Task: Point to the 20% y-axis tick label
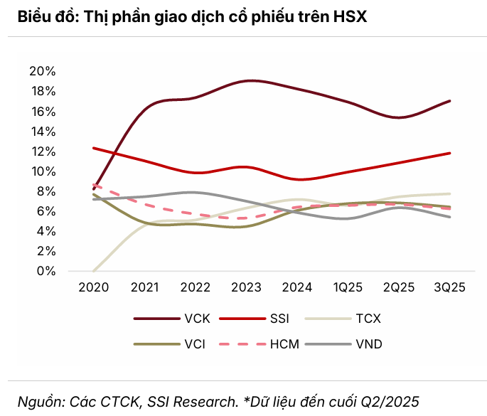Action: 42,71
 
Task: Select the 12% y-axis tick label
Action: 42,151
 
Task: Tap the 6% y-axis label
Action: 45,211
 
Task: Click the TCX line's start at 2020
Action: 94,271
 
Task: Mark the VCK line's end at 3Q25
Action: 450,101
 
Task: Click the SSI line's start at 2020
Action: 94,148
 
